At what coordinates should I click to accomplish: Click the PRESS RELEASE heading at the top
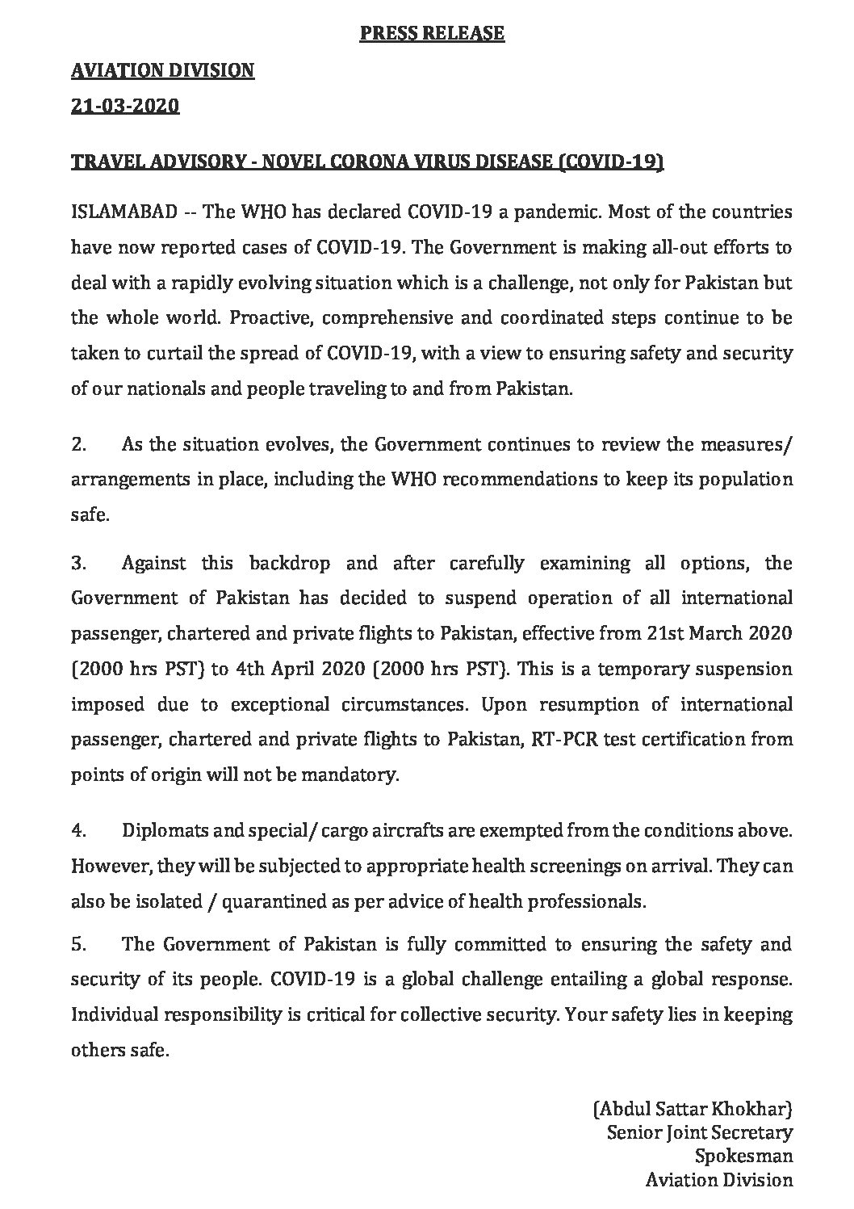pyautogui.click(x=432, y=33)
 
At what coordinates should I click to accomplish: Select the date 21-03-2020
pyautogui.click(x=125, y=106)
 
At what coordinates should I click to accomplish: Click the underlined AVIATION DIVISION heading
pyautogui.click(x=163, y=71)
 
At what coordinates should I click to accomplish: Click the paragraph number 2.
pyautogui.click(x=78, y=444)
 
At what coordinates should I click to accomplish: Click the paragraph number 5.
pyautogui.click(x=78, y=944)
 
